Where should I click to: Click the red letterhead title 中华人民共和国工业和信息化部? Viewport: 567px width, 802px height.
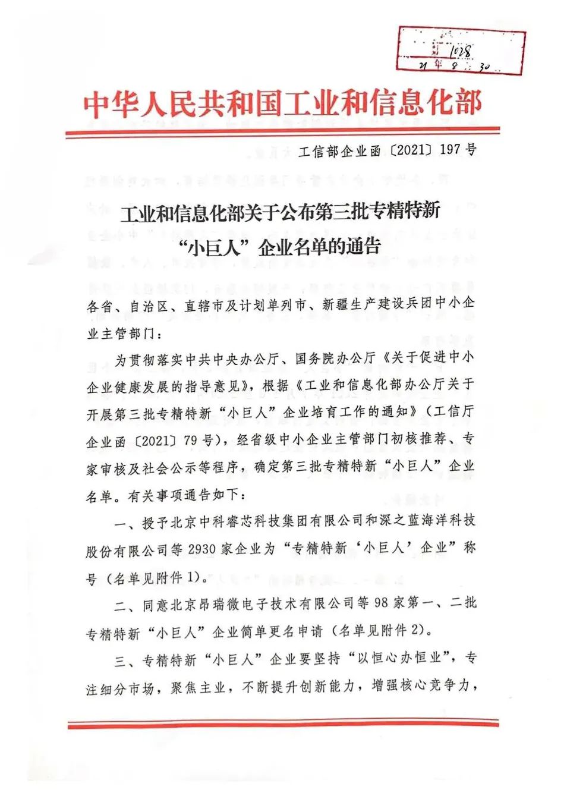point(282,104)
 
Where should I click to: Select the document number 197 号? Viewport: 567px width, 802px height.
point(458,150)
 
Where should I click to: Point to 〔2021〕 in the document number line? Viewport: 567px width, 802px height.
point(412,150)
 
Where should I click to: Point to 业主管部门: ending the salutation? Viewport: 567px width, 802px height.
point(124,333)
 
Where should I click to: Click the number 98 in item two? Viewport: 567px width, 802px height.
point(381,603)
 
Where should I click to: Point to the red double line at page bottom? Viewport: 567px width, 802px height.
point(283,724)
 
